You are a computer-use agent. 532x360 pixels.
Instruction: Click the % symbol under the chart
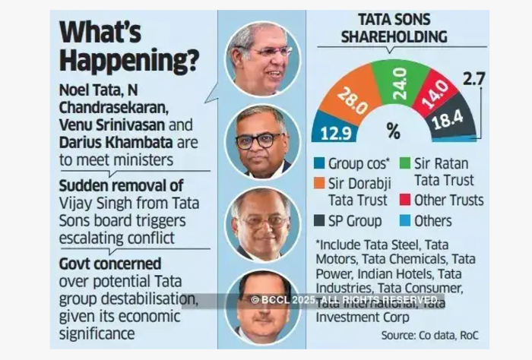pos(393,130)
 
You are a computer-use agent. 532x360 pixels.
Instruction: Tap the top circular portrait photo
pos(263,59)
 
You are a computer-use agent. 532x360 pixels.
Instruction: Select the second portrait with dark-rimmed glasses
pos(264,141)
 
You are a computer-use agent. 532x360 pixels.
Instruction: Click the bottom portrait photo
pos(264,304)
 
